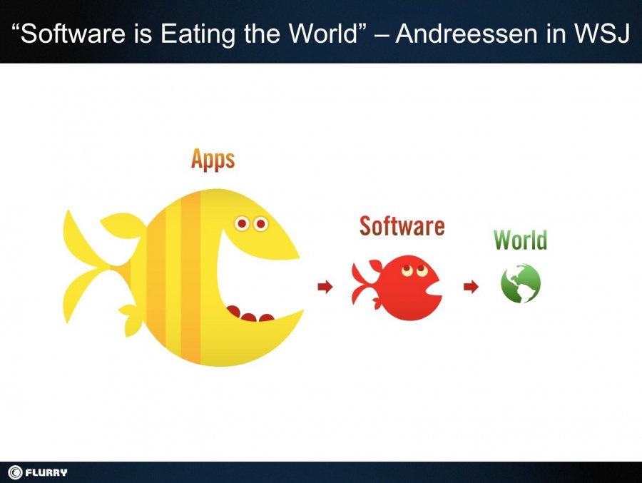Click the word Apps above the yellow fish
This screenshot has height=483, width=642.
(213, 160)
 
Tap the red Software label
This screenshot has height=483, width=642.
(402, 226)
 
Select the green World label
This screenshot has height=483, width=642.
(521, 240)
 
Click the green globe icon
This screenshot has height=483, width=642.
(521, 283)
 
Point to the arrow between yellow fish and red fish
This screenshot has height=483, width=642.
(325, 286)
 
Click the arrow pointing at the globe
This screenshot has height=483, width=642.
(471, 286)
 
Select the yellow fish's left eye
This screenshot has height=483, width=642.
(242, 224)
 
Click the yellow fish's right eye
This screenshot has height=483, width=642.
(260, 224)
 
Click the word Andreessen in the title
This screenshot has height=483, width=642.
(466, 33)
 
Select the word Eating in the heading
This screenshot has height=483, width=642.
(198, 34)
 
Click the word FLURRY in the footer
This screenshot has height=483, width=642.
(46, 472)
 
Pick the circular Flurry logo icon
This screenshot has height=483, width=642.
(15, 472)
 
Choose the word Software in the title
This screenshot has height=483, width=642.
(73, 33)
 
